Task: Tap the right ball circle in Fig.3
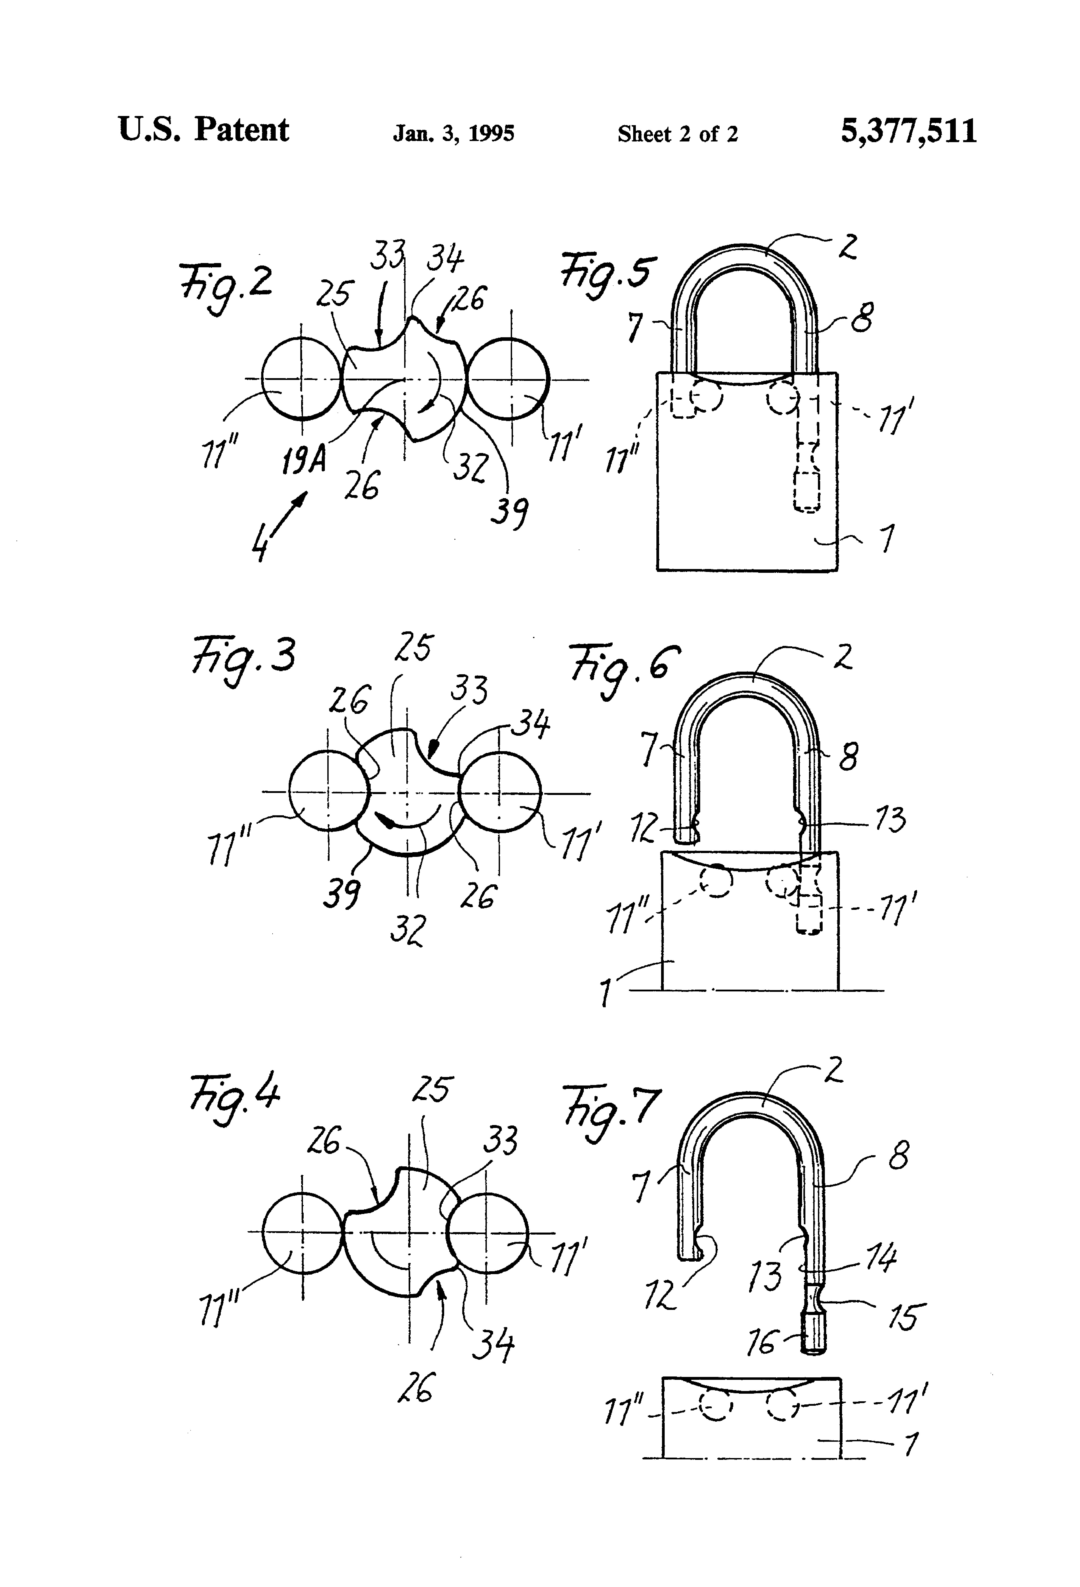pos(500,792)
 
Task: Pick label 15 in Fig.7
pos(903,1316)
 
